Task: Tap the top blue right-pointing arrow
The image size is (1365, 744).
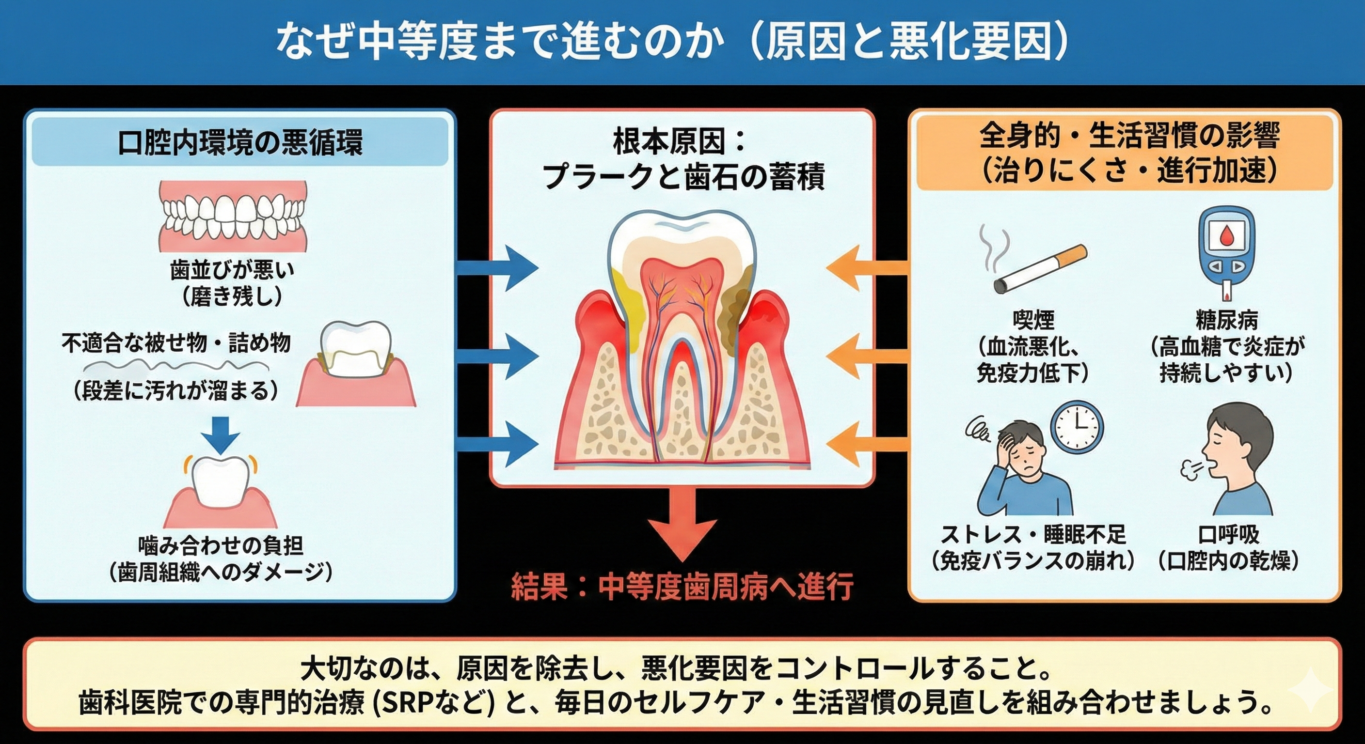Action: (x=498, y=268)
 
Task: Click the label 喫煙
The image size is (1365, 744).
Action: (x=1033, y=320)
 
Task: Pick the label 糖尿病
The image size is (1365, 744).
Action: (x=1226, y=320)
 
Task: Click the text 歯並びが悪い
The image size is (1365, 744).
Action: (x=232, y=270)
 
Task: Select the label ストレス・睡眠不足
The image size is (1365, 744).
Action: (x=1033, y=535)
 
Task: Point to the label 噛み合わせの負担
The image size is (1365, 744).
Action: (x=221, y=545)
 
